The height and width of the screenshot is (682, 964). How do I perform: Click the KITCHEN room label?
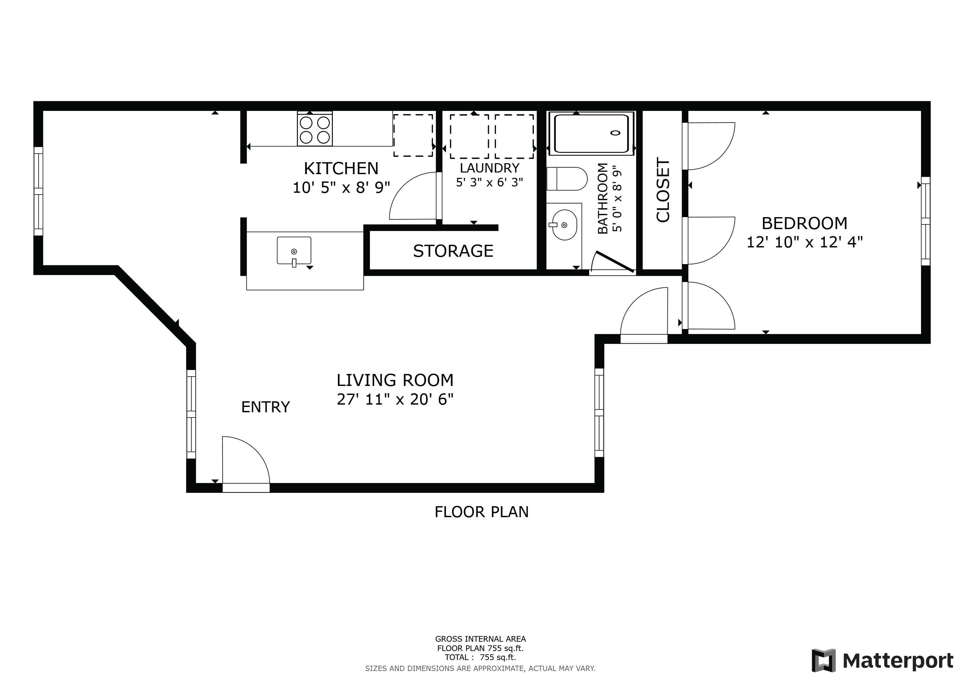pyautogui.click(x=341, y=169)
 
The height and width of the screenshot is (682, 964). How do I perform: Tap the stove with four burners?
pyautogui.click(x=315, y=129)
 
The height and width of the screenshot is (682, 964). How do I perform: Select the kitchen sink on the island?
pyautogui.click(x=294, y=251)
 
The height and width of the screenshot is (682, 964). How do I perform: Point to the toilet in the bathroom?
pyautogui.click(x=567, y=179)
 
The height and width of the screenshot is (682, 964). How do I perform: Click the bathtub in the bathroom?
pyautogui.click(x=592, y=133)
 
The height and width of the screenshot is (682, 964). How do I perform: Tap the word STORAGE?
pyautogui.click(x=453, y=251)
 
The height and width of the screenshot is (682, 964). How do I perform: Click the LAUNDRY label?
pyautogui.click(x=490, y=168)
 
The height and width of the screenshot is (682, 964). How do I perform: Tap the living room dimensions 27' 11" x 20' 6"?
pyautogui.click(x=395, y=399)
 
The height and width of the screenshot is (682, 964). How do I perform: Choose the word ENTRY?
pyautogui.click(x=265, y=407)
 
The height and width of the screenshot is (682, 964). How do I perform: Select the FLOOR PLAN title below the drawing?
pyautogui.click(x=482, y=512)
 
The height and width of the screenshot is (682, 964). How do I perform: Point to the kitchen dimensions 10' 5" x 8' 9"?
pyautogui.click(x=341, y=187)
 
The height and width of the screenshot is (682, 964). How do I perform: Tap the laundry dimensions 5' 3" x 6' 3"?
pyautogui.click(x=490, y=182)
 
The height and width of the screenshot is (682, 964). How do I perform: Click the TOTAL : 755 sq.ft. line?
pyautogui.click(x=480, y=657)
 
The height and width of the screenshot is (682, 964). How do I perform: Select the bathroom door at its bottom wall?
pyautogui.click(x=612, y=264)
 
